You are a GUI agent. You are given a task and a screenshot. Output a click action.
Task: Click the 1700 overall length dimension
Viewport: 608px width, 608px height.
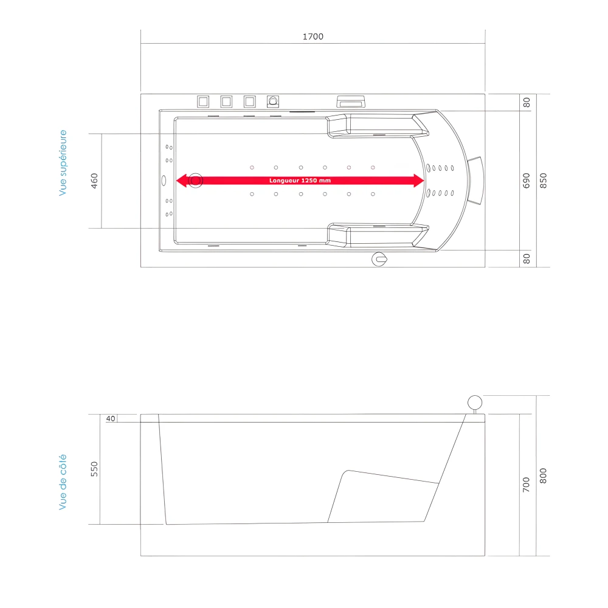click(313, 36)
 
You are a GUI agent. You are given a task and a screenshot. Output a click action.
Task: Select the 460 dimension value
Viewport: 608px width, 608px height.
click(94, 181)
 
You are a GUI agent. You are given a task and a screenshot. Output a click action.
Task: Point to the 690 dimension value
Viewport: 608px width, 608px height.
click(527, 181)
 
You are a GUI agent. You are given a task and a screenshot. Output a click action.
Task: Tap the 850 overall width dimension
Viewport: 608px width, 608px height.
click(544, 181)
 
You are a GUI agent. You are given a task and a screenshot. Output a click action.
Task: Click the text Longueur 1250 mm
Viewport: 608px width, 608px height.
click(300, 181)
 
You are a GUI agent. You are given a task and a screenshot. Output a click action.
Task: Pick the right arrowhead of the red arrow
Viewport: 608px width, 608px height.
click(418, 181)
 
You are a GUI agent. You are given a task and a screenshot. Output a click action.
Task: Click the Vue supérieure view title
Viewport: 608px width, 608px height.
click(63, 163)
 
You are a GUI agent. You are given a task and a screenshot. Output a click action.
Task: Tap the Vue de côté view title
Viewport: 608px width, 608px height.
click(63, 482)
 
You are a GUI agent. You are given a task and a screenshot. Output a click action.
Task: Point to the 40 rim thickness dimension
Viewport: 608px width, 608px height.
click(110, 418)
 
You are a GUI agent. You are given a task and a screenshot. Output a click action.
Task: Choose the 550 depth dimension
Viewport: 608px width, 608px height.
click(94, 469)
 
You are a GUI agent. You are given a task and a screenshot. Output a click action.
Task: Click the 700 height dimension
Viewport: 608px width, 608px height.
click(527, 484)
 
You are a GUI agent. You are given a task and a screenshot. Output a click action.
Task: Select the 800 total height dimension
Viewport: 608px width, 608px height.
click(544, 475)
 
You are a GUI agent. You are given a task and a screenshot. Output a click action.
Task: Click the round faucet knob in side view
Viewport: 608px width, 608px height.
click(474, 402)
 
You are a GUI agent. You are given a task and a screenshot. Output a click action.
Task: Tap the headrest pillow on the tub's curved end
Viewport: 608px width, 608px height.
click(475, 181)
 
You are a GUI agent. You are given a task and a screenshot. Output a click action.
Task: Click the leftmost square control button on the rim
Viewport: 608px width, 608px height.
click(202, 101)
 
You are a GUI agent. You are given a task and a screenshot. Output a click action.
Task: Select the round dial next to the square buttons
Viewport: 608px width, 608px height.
click(273, 101)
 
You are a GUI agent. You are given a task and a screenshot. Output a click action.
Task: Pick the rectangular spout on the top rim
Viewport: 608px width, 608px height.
click(351, 102)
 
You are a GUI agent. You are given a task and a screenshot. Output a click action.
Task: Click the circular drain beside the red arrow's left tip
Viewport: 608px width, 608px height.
click(195, 181)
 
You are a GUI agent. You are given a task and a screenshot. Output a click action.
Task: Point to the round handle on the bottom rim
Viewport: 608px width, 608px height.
click(379, 260)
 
